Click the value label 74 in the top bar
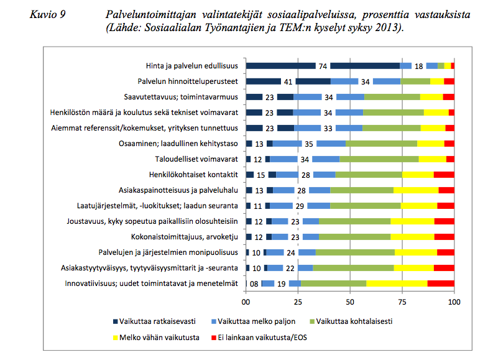click(x=323, y=67)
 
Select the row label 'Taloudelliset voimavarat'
click(x=196, y=159)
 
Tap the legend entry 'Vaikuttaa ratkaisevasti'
click(x=154, y=321)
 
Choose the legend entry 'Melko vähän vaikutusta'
click(x=156, y=338)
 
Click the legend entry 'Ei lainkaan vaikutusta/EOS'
click(x=259, y=338)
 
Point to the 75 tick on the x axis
click(x=402, y=302)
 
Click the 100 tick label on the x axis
click(x=454, y=302)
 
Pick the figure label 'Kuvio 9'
click(x=48, y=14)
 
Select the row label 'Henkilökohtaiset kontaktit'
click(x=193, y=175)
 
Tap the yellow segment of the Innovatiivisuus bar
click(x=397, y=284)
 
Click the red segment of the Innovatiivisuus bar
click(x=441, y=284)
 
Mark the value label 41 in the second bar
click(x=288, y=82)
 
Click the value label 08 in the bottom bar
click(x=254, y=284)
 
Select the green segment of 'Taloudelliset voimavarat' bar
click(x=379, y=159)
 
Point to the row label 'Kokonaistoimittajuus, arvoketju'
click(x=185, y=237)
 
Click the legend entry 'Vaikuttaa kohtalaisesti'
click(x=351, y=321)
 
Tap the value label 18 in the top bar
click(x=418, y=67)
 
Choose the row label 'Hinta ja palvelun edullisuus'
click(x=192, y=66)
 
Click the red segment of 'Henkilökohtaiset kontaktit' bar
click(x=444, y=175)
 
